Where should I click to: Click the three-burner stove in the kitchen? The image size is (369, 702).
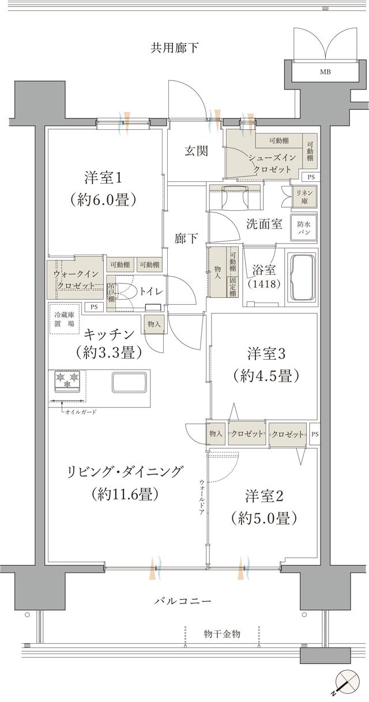pos(68,381)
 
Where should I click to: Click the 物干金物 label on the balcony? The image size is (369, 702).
pos(222,634)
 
